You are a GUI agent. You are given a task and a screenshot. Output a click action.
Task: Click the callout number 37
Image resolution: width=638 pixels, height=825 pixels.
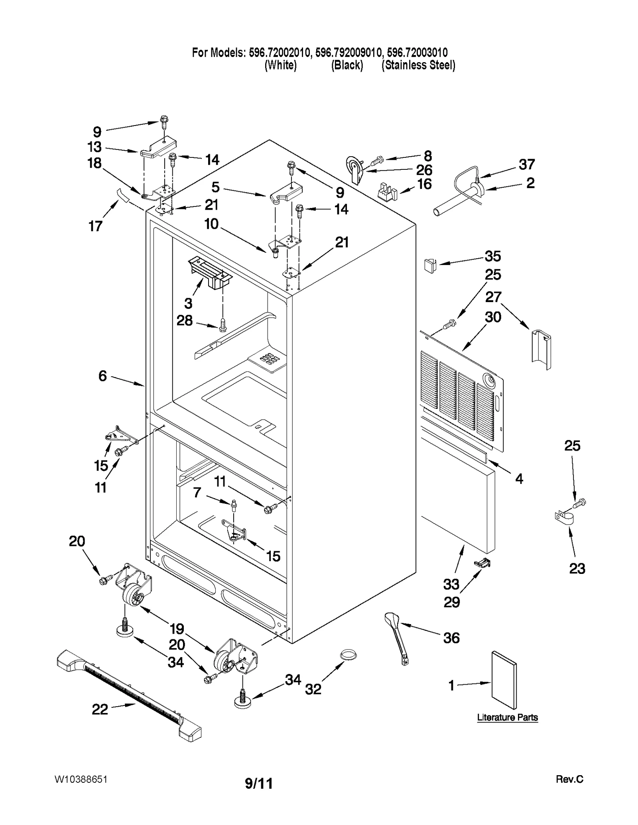click(x=526, y=164)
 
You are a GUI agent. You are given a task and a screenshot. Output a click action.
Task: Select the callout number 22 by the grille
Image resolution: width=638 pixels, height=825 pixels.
click(x=100, y=709)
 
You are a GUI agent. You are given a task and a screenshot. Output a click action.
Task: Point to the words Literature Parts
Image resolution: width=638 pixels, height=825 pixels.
click(x=507, y=717)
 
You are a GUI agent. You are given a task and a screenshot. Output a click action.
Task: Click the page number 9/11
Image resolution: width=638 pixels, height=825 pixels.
click(x=259, y=784)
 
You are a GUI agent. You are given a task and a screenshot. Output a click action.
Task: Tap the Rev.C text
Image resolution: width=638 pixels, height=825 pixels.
click(x=569, y=779)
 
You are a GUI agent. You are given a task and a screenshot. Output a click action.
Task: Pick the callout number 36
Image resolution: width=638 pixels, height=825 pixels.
click(x=451, y=638)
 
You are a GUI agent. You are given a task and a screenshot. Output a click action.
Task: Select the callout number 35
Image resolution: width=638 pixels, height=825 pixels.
click(x=492, y=256)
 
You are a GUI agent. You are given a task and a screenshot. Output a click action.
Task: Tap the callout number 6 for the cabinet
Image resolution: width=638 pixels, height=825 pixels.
click(x=102, y=375)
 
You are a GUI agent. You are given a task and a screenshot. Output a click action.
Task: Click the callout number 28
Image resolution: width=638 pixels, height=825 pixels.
click(x=185, y=320)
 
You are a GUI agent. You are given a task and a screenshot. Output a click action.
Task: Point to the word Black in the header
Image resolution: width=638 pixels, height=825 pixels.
click(x=347, y=65)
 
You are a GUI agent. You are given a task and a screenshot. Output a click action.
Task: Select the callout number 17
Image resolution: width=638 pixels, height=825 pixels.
click(x=95, y=226)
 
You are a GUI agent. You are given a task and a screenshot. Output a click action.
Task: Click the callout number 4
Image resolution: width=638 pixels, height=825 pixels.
click(x=519, y=478)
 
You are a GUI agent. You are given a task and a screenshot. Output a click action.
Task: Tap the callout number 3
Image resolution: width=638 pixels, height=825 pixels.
click(x=188, y=303)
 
